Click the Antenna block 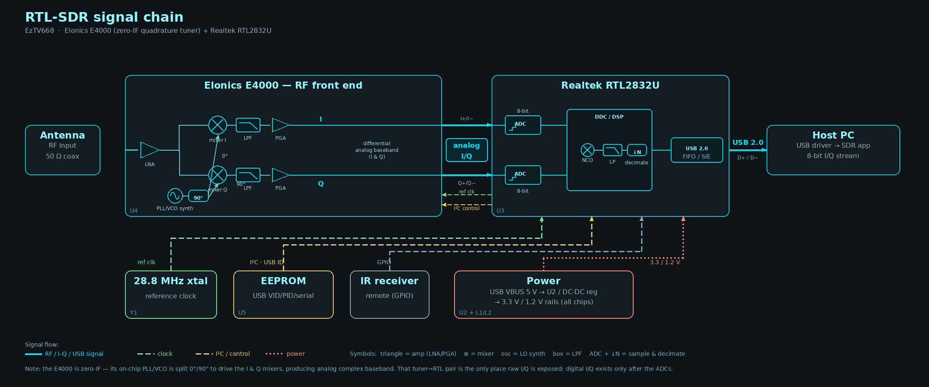62,150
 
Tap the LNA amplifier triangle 149,150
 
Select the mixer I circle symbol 217,125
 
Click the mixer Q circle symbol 217,175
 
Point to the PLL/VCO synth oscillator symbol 175,196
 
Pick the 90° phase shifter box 198,196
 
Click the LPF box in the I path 248,125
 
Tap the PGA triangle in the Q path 280,175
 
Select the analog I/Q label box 467,150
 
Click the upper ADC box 523,125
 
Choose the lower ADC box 523,175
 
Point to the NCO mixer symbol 587,150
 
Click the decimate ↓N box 637,150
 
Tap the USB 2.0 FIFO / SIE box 697,150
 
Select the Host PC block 833,150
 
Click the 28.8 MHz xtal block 171,295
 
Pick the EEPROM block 283,295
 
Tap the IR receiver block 390,295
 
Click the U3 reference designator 500,211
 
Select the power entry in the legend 285,354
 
